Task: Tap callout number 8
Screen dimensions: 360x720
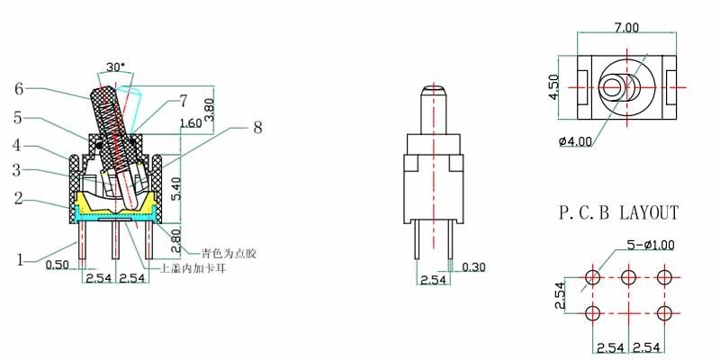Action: coord(258,129)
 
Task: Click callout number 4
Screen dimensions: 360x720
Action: coord(17,144)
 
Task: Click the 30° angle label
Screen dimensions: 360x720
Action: coord(116,67)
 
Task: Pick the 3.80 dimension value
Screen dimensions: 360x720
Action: coord(211,109)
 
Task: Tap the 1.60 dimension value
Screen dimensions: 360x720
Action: coord(191,123)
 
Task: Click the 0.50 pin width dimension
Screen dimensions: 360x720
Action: coord(58,265)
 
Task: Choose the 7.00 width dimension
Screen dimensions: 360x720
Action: coord(626,28)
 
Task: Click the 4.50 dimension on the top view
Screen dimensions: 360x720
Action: coord(554,86)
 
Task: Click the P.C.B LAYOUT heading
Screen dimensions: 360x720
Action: coord(618,213)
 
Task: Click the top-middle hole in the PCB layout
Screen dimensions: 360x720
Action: coord(628,275)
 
